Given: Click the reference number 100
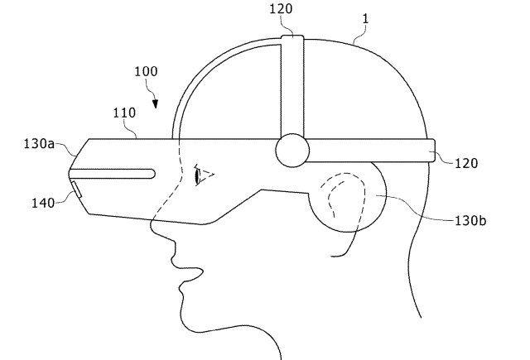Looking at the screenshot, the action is tap(146, 72).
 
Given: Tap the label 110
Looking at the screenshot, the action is tap(124, 113).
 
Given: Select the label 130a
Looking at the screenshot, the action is tap(39, 144).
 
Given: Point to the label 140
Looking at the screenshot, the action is tap(43, 203).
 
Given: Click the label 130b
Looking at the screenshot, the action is tap(470, 221).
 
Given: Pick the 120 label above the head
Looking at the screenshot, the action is tap(281, 9).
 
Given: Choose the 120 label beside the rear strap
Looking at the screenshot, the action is tap(466, 164).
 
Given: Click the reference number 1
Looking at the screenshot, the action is tap(365, 19).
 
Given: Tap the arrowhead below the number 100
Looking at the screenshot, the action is tap(155, 104).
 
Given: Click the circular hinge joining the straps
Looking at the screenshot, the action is tap(292, 151).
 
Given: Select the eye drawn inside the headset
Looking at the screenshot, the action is tap(205, 175).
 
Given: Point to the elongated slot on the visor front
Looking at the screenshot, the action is tap(113, 174).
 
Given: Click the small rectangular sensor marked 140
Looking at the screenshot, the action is tap(76, 190).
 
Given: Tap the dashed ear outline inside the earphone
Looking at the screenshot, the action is tap(343, 194).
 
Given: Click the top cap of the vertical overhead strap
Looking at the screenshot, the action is tap(292, 37).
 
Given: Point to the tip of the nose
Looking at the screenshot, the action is tap(152, 226).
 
